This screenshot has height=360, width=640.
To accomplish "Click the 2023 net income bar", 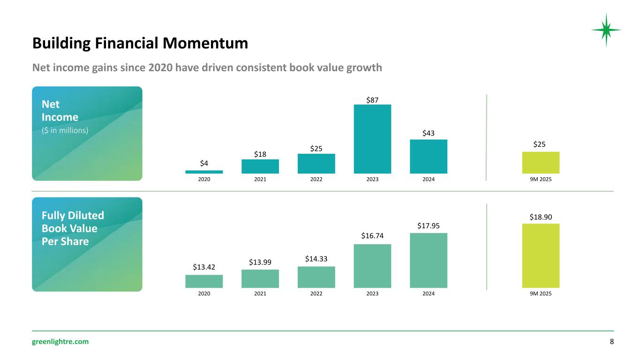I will pyautogui.click(x=372, y=139).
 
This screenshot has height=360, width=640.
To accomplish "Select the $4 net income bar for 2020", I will pyautogui.click(x=204, y=172).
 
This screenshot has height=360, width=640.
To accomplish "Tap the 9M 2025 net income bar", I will pyautogui.click(x=541, y=163).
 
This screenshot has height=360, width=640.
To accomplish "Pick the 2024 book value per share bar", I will pyautogui.click(x=428, y=260).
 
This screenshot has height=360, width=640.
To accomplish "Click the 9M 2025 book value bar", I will pyautogui.click(x=541, y=255).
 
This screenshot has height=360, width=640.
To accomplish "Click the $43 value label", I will pyautogui.click(x=428, y=134).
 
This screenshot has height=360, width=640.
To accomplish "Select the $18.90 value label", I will pyautogui.click(x=541, y=217).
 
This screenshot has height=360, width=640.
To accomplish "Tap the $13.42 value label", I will pyautogui.click(x=204, y=267).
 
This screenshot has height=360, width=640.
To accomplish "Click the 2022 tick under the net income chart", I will pyautogui.click(x=316, y=179).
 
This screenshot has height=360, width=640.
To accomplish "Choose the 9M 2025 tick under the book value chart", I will pyautogui.click(x=541, y=294).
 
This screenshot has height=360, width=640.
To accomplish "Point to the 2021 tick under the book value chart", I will pyautogui.click(x=260, y=294).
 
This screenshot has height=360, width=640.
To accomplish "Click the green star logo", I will pyautogui.click(x=606, y=30).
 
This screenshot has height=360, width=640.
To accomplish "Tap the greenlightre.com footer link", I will pyautogui.click(x=60, y=342).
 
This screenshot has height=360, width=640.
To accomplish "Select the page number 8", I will pyautogui.click(x=611, y=342).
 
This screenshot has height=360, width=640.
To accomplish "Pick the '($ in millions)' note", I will pyautogui.click(x=65, y=131).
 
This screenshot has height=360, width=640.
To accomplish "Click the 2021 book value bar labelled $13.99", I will pyautogui.click(x=260, y=278).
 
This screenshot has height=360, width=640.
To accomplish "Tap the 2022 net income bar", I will pyautogui.click(x=316, y=164).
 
